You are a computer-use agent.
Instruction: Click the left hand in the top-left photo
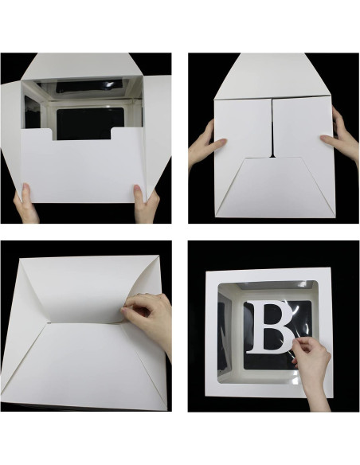[x=25, y=202]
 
